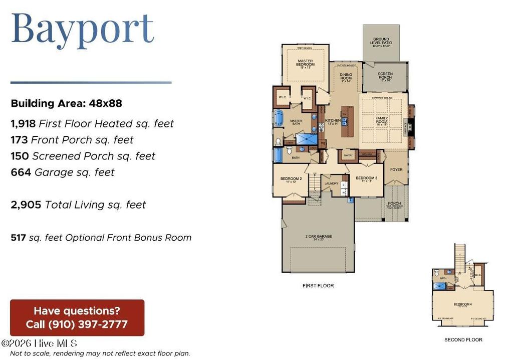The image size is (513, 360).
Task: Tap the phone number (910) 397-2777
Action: [x=88, y=324]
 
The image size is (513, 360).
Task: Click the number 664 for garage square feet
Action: [x=21, y=172]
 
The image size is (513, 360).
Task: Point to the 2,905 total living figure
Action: [x=26, y=205]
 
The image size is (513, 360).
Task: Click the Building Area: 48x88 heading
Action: [x=66, y=104]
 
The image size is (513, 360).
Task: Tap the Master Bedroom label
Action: [x=305, y=63]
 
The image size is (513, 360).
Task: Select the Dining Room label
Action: [x=346, y=77]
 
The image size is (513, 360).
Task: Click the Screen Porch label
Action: [x=385, y=76]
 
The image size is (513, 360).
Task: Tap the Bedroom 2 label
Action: [x=291, y=179]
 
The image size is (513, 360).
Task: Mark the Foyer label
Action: [x=396, y=169]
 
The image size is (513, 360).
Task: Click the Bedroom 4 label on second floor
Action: [x=462, y=304]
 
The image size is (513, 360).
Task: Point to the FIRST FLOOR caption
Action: [x=318, y=286]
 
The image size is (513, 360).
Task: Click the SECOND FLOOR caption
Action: [x=463, y=340]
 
